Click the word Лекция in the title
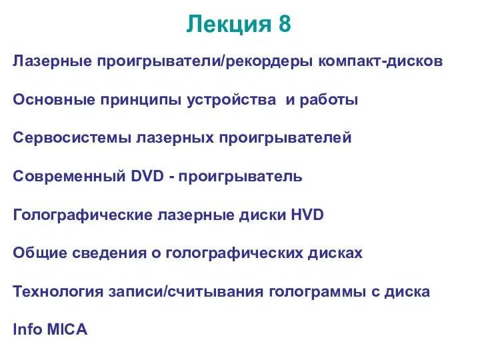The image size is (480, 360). click(x=229, y=25)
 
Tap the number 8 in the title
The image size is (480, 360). click(x=285, y=23)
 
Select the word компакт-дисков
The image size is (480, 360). click(x=381, y=61)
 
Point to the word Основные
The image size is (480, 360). click(x=54, y=99)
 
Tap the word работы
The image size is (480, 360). click(x=329, y=100)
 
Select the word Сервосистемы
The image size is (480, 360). click(x=72, y=139)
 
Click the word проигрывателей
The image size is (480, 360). click(x=285, y=138)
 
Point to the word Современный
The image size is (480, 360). click(x=69, y=177)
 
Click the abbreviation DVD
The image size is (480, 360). click(x=147, y=176)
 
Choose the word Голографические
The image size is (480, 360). click(x=83, y=215)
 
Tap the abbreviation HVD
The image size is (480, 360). click(x=307, y=215)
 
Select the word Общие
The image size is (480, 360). click(x=40, y=253)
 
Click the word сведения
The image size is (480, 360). click(x=109, y=253)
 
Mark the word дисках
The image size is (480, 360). click(x=335, y=253)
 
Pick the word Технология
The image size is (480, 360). click(x=58, y=292)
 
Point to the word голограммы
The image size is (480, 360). click(x=317, y=292)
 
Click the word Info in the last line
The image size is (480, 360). click(x=27, y=329)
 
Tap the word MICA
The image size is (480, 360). click(x=67, y=330)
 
